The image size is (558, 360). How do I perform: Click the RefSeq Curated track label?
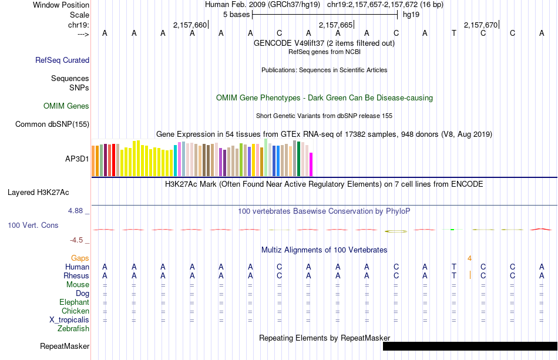[62, 60]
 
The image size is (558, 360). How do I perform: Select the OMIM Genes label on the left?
[66, 106]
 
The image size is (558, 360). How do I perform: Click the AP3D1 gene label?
[77, 159]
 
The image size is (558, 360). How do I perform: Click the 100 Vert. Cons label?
[33, 225]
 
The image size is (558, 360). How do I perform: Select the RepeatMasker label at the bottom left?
[65, 346]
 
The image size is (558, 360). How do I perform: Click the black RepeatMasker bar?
[470, 346]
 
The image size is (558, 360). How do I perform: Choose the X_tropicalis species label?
[69, 320]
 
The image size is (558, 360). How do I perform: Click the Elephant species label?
[74, 302]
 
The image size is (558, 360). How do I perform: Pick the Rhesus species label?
[76, 276]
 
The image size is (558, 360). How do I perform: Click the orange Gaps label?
[80, 258]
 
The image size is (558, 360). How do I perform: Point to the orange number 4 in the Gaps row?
[469, 258]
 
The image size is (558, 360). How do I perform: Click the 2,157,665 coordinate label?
[335, 25]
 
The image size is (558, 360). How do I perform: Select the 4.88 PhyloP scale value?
[76, 211]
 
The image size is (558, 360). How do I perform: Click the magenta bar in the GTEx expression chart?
[311, 164]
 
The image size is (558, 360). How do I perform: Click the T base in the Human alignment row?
[453, 267]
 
